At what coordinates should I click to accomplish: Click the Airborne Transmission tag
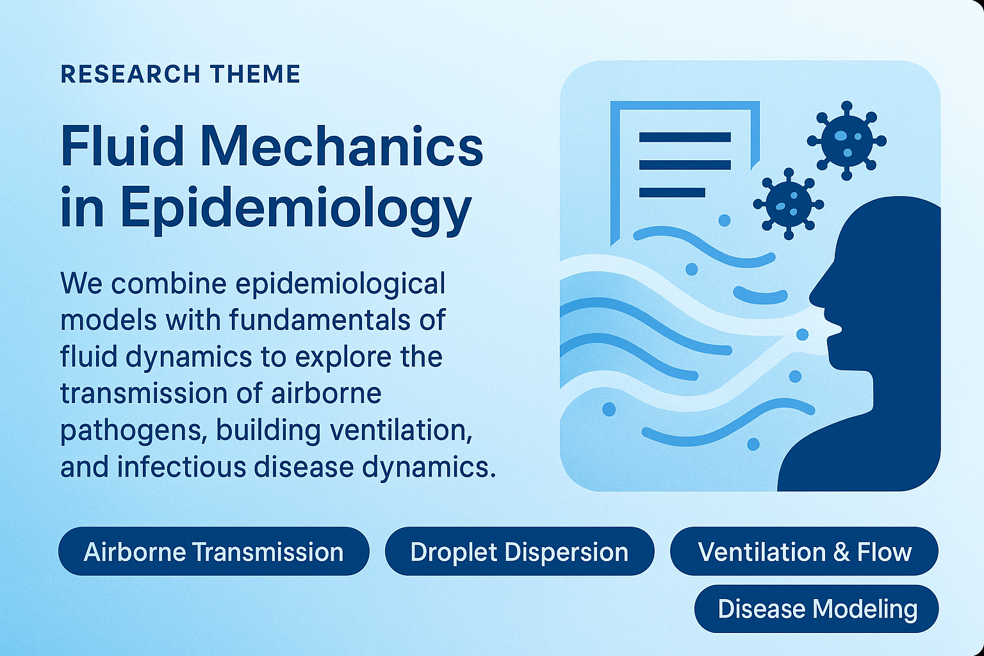[213, 552]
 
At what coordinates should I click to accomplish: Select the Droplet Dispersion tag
[519, 552]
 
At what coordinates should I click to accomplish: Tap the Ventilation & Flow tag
[804, 552]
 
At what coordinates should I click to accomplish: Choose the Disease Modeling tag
[817, 609]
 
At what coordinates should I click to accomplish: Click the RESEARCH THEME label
[180, 74]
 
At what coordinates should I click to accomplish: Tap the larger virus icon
[846, 140]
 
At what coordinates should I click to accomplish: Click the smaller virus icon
[788, 204]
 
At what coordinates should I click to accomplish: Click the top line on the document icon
[685, 137]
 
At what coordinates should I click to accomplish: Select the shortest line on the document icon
[672, 192]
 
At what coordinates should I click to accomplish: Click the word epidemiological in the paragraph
[340, 284]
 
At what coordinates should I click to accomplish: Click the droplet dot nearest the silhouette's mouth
[802, 334]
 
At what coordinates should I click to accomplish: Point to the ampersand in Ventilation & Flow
[840, 552]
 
